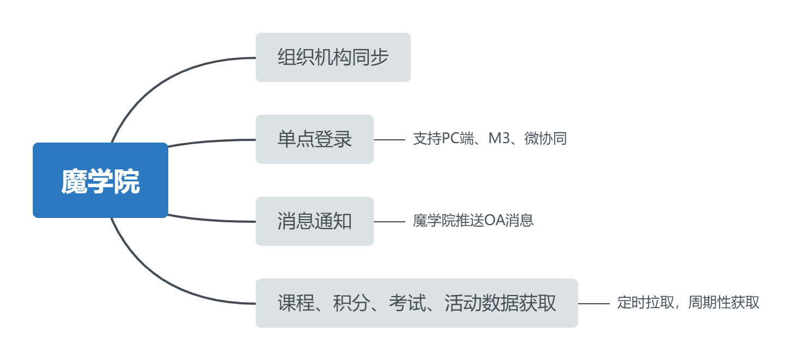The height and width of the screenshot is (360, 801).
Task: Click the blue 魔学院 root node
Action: click(101, 180)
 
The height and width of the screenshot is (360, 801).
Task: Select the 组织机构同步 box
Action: click(333, 57)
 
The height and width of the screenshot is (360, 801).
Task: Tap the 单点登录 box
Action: click(314, 139)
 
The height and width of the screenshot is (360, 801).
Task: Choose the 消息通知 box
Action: click(314, 221)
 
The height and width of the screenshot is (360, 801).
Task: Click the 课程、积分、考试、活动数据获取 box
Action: click(416, 303)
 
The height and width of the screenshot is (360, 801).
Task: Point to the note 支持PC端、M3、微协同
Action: click(490, 139)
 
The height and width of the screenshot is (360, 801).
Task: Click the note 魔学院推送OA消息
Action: click(473, 221)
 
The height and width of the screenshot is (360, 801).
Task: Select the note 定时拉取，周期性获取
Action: click(688, 303)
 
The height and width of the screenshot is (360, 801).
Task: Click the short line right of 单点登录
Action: click(390, 140)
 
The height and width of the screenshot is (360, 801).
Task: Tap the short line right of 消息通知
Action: click(390, 222)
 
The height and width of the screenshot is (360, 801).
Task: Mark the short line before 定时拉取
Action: click(594, 304)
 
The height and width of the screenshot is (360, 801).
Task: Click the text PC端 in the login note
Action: click(453, 139)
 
